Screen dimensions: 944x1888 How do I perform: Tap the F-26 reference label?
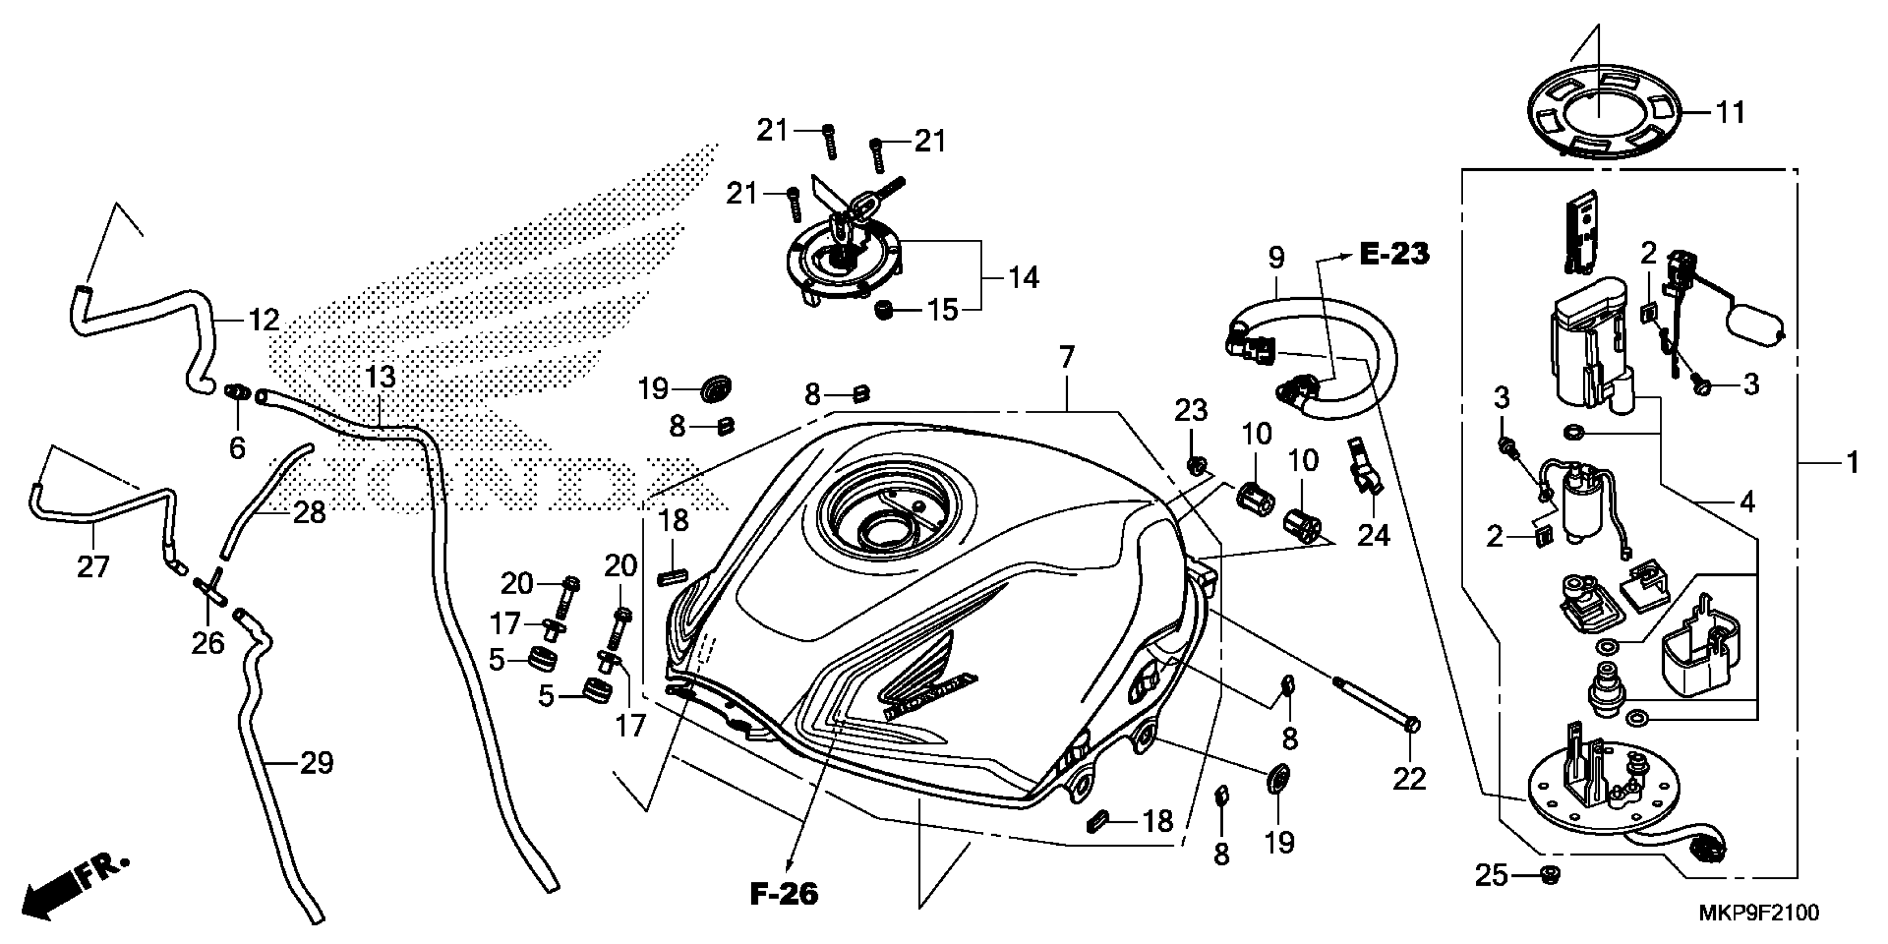coord(784,894)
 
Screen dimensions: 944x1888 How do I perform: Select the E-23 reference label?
coord(1394,254)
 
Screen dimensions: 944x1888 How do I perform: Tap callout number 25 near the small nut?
coord(1491,875)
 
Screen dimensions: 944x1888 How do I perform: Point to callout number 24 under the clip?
coord(1373,535)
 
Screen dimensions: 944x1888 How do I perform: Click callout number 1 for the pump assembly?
coord(1853,463)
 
